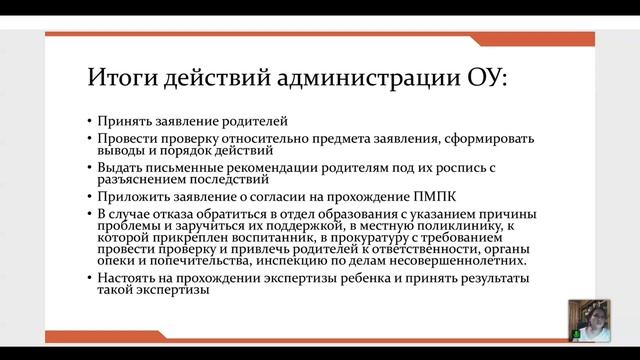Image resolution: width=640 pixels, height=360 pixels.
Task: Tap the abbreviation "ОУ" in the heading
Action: click(485, 77)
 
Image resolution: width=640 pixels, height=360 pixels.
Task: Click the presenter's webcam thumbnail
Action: click(584, 321)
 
